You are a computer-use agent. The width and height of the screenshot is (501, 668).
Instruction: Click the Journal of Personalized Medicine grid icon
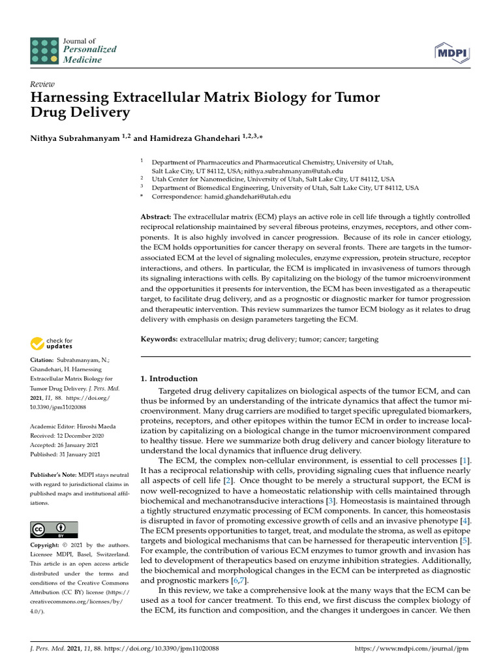44,50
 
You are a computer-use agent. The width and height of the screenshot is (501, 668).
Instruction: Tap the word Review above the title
42,84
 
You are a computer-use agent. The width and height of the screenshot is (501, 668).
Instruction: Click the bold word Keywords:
159,339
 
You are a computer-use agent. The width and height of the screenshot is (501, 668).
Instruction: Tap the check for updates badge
52,342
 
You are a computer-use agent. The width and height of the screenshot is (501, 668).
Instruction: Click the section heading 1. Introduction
169,378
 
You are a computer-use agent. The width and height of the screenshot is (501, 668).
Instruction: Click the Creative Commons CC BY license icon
54,529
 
